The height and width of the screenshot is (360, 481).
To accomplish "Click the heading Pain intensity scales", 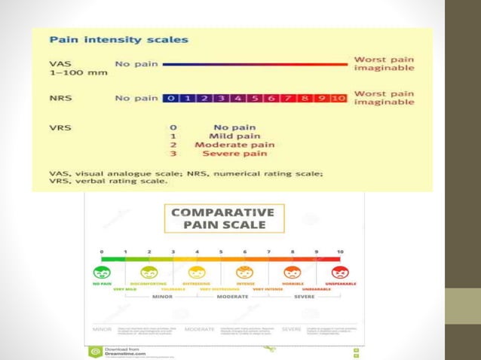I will click(x=119, y=39).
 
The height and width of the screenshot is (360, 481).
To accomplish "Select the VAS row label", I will click(x=60, y=63).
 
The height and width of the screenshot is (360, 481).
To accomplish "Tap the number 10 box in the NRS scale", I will click(x=339, y=98).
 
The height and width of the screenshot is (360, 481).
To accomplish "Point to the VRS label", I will click(x=60, y=128).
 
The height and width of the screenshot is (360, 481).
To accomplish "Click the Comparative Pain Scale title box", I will click(x=225, y=218).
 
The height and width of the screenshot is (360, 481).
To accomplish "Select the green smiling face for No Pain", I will click(x=101, y=273).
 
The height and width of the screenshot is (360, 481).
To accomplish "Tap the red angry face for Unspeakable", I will click(x=341, y=273).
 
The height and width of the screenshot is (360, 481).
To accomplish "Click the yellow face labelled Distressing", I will click(x=197, y=273).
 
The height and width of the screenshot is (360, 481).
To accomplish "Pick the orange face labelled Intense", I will click(x=245, y=273).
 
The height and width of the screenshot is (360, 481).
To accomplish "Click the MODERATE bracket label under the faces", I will click(x=232, y=297).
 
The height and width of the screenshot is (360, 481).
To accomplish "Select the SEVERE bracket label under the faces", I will click(x=305, y=297).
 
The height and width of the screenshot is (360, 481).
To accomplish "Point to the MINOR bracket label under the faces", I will click(x=161, y=297).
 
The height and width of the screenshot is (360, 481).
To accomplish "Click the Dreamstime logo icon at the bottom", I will click(x=96, y=352).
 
